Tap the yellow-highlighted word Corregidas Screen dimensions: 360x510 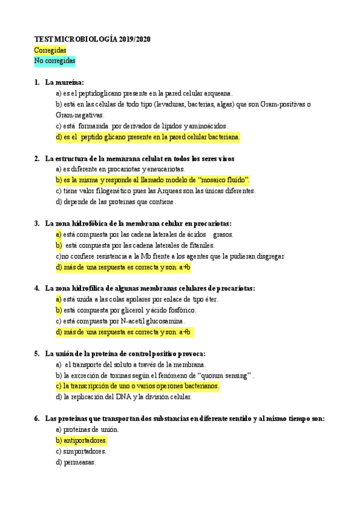50,50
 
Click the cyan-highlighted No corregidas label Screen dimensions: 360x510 55,61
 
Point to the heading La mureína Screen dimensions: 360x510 64,82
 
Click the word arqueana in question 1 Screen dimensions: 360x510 217,93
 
